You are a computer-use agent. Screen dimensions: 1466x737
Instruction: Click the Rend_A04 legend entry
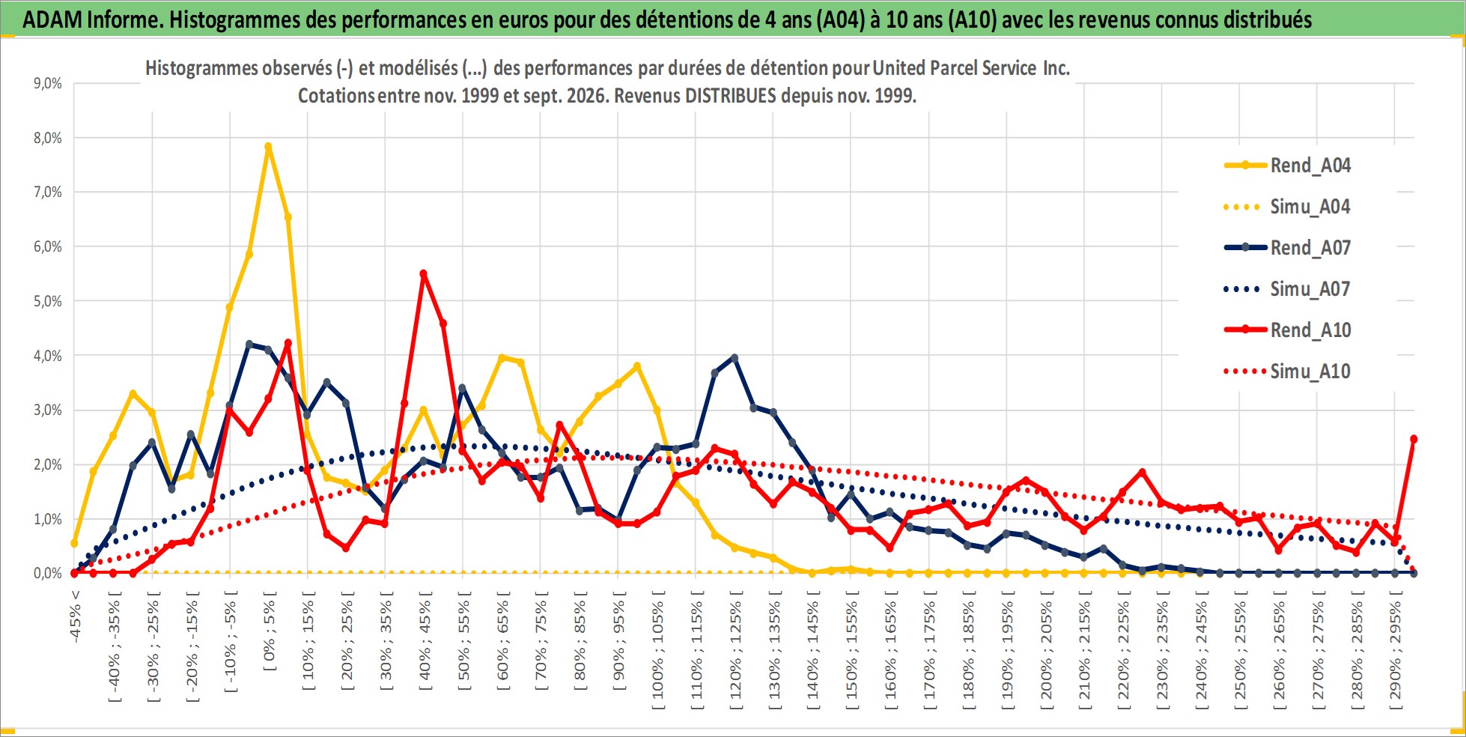pyautogui.click(x=1288, y=166)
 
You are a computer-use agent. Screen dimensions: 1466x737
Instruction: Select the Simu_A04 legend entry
pyautogui.click(x=1288, y=207)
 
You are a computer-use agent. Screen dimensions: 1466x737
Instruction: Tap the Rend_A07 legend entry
pyautogui.click(x=1288, y=248)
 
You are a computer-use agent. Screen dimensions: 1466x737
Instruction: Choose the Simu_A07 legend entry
pyautogui.click(x=1288, y=289)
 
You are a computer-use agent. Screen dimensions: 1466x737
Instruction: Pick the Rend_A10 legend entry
pyautogui.click(x=1288, y=330)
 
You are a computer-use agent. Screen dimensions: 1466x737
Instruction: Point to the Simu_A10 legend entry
pyautogui.click(x=1288, y=371)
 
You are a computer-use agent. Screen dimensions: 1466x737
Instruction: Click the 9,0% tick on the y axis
pyautogui.click(x=48, y=83)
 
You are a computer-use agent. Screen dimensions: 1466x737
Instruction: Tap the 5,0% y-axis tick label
pyautogui.click(x=48, y=301)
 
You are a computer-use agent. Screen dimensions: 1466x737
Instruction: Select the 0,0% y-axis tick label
pyautogui.click(x=48, y=573)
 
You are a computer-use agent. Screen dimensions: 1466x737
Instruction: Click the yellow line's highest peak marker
pyautogui.click(x=268, y=147)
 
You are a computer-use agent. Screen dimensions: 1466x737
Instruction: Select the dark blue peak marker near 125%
pyautogui.click(x=734, y=358)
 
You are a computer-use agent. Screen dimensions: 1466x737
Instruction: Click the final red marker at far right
pyautogui.click(x=1414, y=439)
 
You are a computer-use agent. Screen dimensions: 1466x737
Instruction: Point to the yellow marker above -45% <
pyautogui.click(x=74, y=543)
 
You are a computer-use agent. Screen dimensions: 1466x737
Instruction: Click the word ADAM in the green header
pyautogui.click(x=52, y=19)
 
